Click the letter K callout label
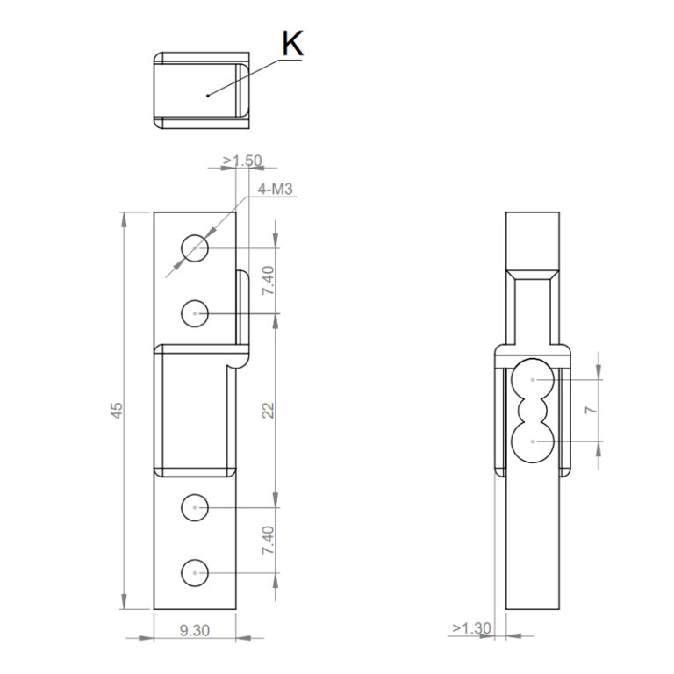coord(292,44)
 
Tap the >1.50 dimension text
coord(241,161)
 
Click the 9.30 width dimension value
coord(194,630)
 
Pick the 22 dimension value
coord(269,411)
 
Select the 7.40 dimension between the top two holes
coord(269,281)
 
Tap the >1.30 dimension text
coord(470,628)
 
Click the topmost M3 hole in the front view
coord(195,249)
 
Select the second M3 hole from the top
coord(195,312)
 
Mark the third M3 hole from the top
coord(195,507)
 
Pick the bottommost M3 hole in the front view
coord(195,572)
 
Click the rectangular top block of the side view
coord(533,241)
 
